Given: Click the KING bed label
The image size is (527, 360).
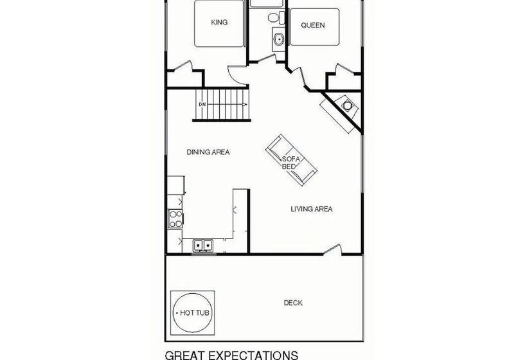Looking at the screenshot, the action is tap(219, 22).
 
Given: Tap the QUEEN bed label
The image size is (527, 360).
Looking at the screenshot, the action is tap(313, 25).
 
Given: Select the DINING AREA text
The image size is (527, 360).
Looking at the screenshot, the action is tap(208, 152).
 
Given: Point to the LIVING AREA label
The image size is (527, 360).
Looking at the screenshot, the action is tap(312, 209).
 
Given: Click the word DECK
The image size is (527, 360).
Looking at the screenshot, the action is tap(293, 303).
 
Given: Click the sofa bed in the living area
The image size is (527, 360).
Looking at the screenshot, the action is tap(291, 160).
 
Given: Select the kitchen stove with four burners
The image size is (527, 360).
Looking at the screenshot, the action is tap(175, 219).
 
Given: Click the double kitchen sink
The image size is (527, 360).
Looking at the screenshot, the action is tap(202, 246).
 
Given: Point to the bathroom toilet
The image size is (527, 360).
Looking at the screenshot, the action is tap(276, 17).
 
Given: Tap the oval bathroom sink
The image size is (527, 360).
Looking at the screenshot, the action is tap(279, 39).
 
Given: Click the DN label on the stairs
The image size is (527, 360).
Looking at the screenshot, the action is tap(202, 105).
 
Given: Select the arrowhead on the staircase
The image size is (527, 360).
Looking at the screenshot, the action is tap(245, 105).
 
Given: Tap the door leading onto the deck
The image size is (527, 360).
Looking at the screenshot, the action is tap(332, 249).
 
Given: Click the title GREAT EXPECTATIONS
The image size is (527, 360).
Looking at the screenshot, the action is tap(231, 355).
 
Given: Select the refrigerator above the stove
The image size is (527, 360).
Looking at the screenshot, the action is tap(176, 185).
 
